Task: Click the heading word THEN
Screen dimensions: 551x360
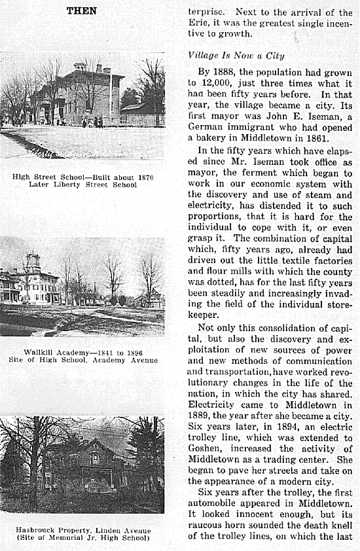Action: pos(82,10)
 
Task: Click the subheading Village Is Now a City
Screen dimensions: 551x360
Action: pos(236,56)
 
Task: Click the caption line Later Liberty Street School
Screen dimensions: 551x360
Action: pos(82,185)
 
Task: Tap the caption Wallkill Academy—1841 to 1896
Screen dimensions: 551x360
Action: pos(82,352)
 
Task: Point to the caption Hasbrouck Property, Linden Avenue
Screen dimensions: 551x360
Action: pos(82,529)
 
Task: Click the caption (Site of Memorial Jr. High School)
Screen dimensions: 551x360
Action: pos(82,537)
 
